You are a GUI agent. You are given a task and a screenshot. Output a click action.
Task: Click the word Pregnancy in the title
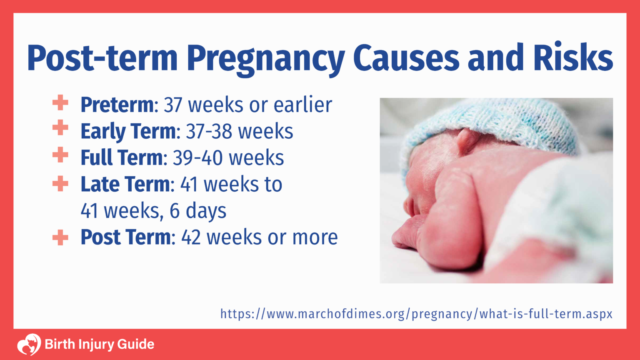[265, 58]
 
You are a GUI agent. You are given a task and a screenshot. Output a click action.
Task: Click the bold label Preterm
[117, 105]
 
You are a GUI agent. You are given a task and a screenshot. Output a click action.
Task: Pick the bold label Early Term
[128, 131]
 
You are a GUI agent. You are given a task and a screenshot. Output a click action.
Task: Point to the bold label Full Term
[121, 158]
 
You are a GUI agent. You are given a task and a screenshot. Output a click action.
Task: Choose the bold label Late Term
[125, 184]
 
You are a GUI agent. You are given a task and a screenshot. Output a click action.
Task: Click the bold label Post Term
[125, 237]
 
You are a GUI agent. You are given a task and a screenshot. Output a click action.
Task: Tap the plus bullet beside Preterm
[60, 102]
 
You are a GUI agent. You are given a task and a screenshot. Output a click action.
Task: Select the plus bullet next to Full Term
[60, 155]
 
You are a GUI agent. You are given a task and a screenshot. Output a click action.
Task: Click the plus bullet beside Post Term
[60, 237]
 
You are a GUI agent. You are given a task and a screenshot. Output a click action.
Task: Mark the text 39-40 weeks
[228, 158]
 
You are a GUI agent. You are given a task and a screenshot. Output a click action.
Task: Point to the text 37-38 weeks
[239, 131]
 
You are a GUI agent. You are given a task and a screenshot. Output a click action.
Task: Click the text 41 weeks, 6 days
[153, 211]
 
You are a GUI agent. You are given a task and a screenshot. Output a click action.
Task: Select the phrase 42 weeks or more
[259, 237]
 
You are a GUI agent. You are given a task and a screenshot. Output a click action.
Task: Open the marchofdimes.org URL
[416, 313]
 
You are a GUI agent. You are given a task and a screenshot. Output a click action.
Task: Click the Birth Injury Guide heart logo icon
[29, 345]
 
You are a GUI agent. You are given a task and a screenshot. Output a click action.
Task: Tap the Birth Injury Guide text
[99, 345]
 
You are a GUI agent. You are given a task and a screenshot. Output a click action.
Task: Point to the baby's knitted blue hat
[500, 121]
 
